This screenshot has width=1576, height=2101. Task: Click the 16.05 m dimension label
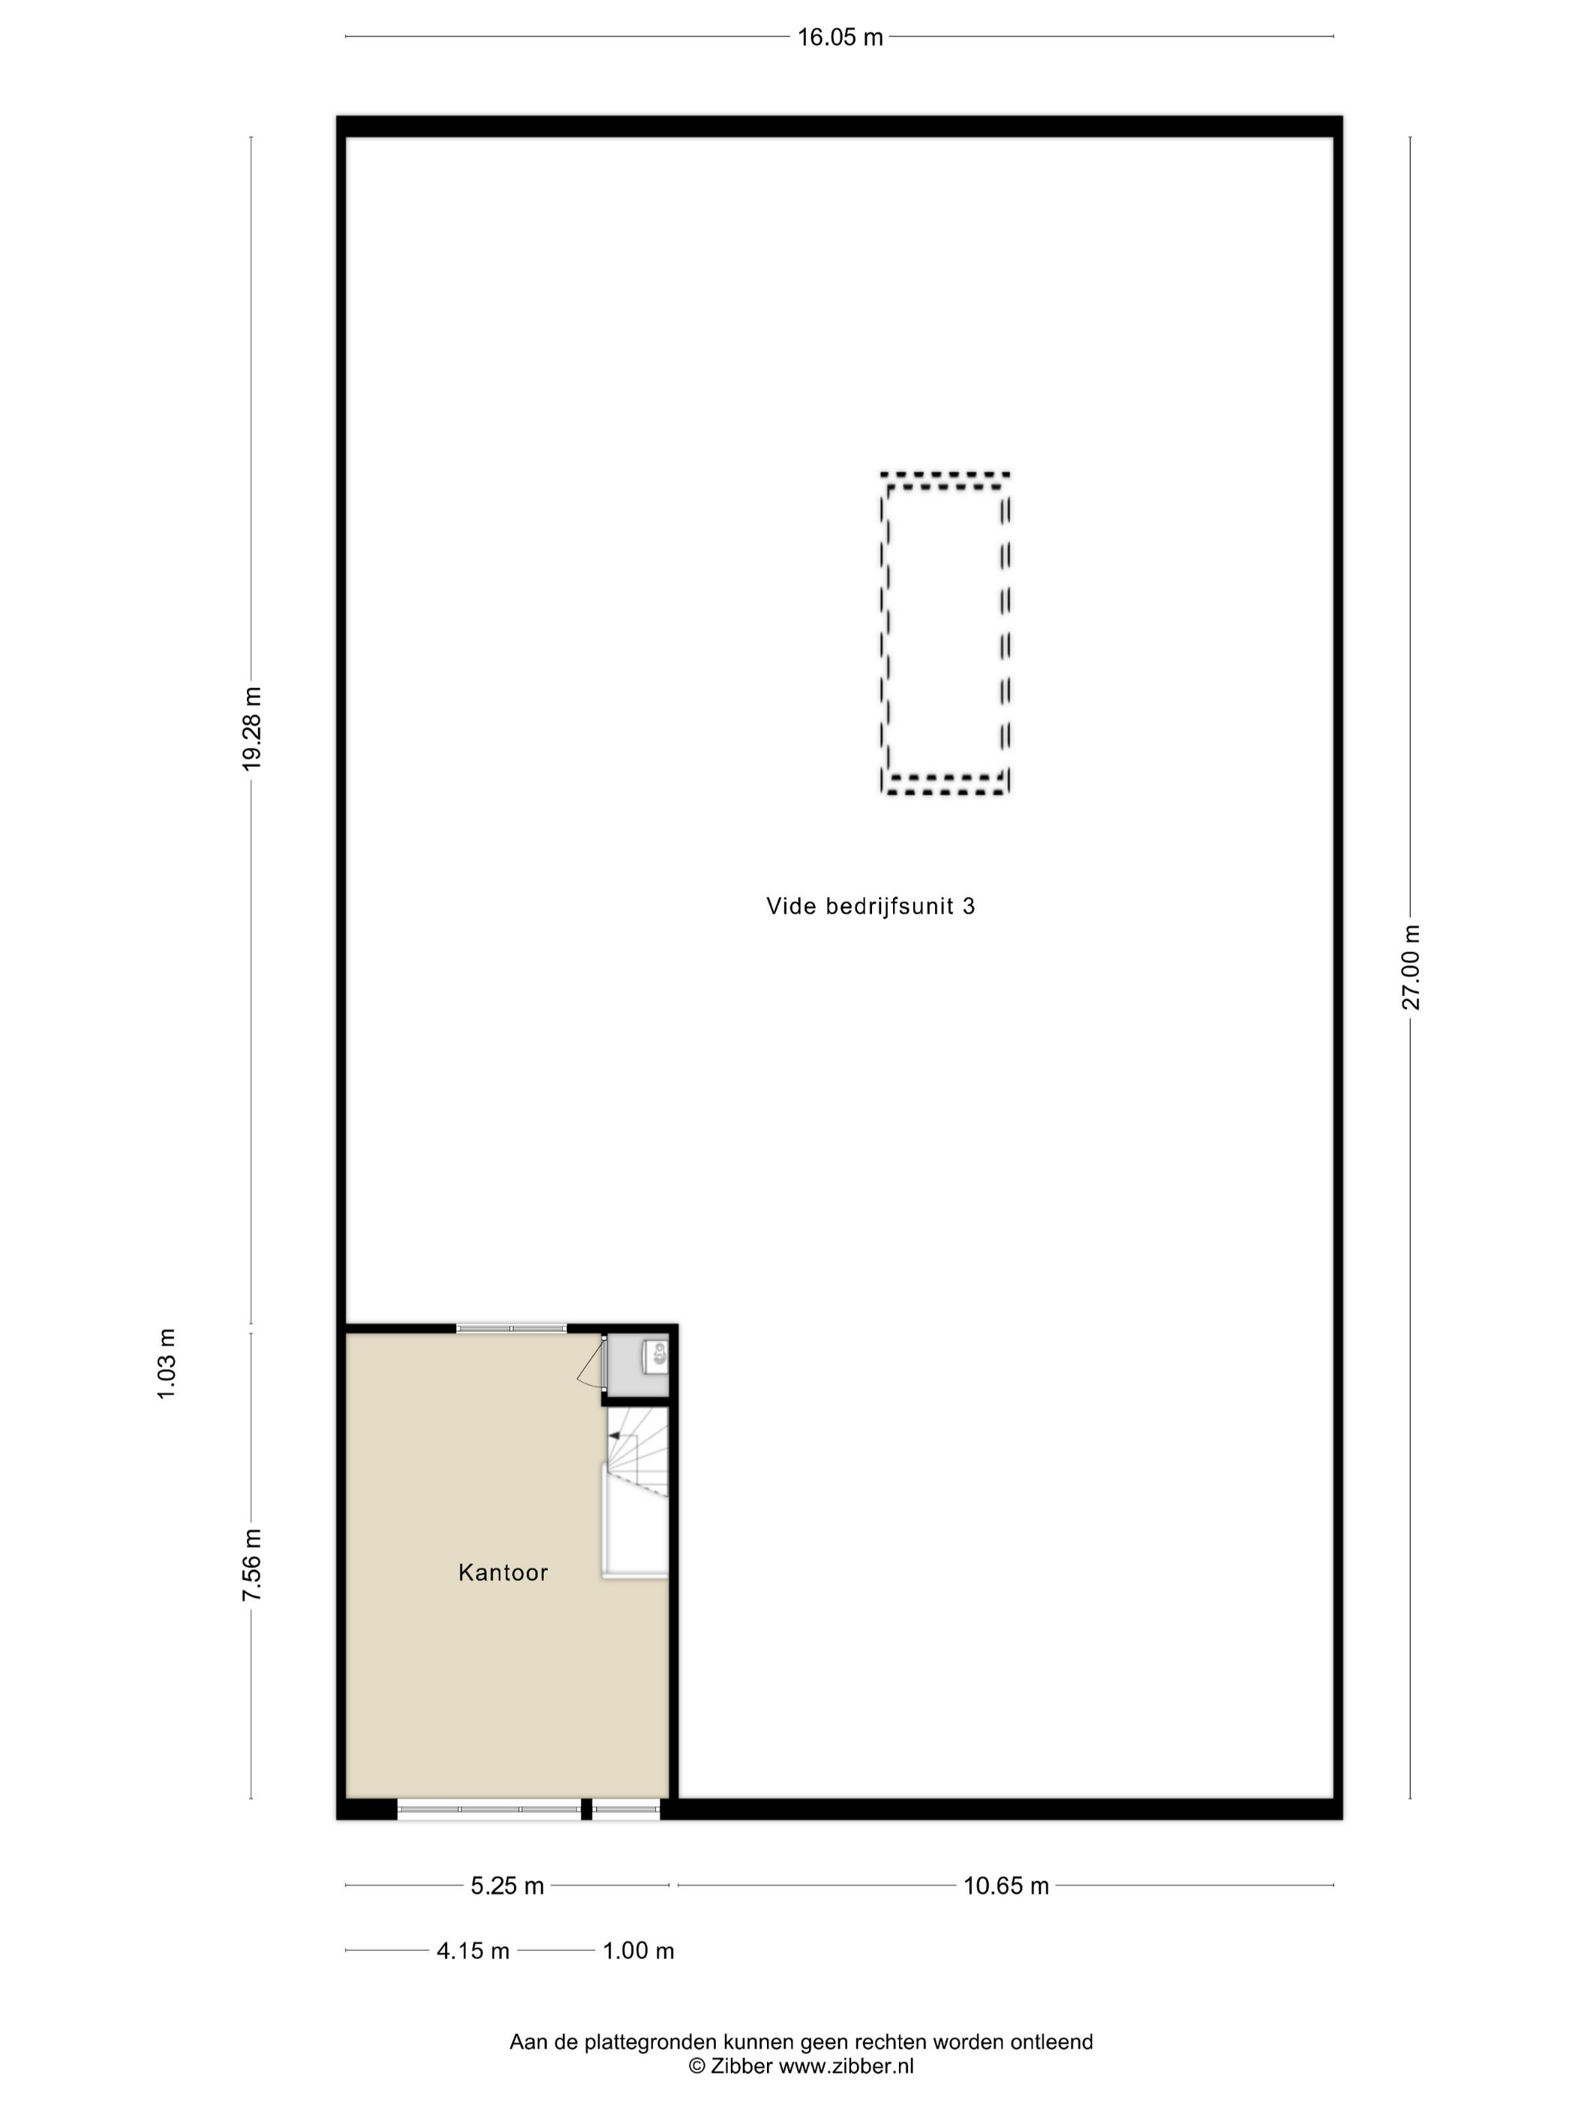(x=840, y=37)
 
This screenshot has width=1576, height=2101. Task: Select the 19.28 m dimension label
(x=251, y=728)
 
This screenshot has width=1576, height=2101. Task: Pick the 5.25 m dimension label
(x=507, y=1886)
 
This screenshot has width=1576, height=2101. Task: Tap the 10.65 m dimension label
(x=1006, y=1886)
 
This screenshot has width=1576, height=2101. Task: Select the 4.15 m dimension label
(x=473, y=1951)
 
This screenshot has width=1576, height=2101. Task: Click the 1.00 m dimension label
(x=639, y=1951)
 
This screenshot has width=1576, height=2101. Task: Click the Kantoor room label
(x=504, y=1572)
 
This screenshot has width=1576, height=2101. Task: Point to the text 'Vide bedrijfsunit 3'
(x=870, y=906)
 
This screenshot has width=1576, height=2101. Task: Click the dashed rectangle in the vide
(x=883, y=633)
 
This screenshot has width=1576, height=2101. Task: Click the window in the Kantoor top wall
(x=511, y=1328)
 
